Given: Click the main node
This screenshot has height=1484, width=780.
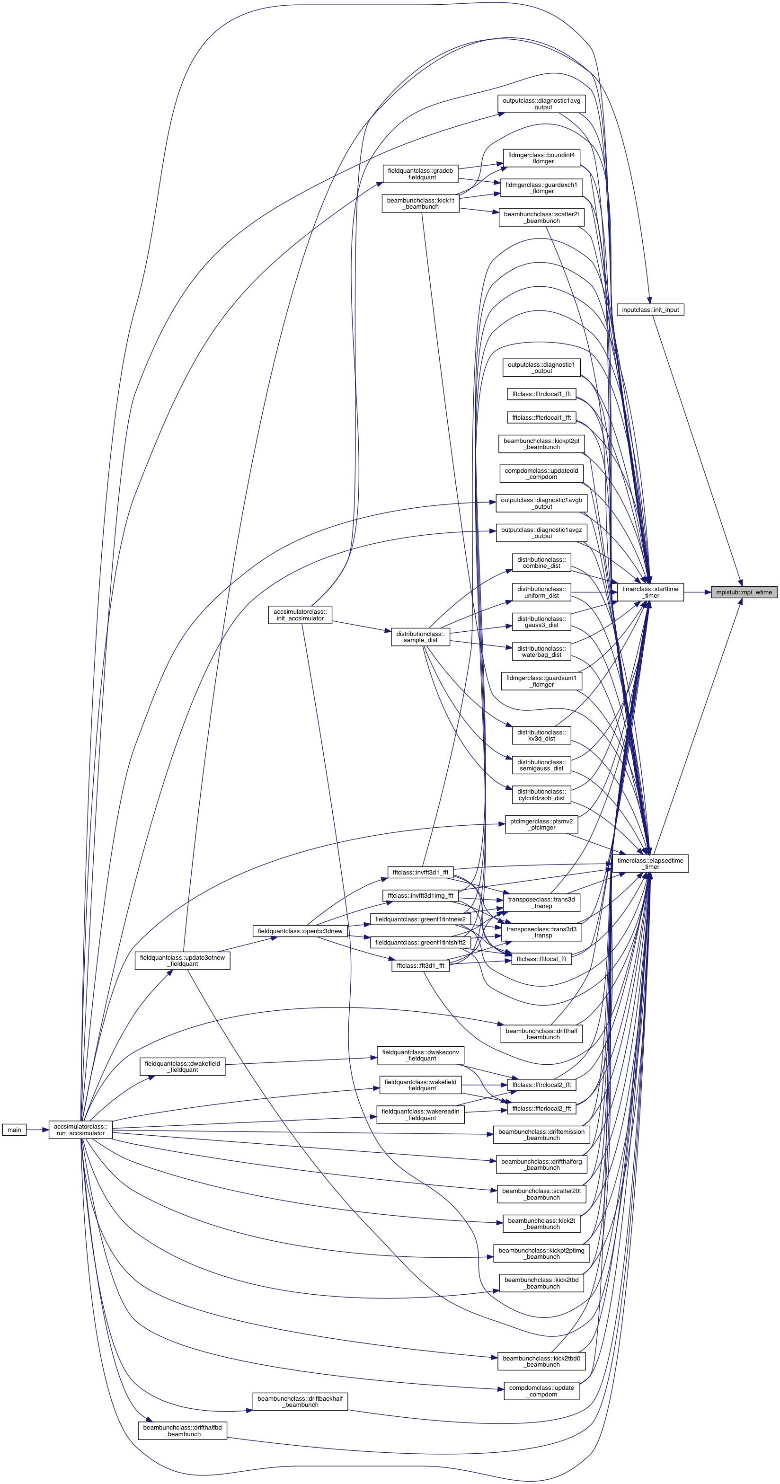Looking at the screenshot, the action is pyautogui.click(x=14, y=1130).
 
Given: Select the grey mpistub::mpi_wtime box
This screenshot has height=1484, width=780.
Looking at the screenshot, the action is pyautogui.click(x=744, y=592).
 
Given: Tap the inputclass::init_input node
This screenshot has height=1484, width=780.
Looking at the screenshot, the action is pyautogui.click(x=650, y=309).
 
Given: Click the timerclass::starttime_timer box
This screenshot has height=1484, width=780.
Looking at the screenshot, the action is pyautogui.click(x=650, y=592).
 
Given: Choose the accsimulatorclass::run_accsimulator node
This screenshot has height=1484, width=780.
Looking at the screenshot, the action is pyautogui.click(x=80, y=1130).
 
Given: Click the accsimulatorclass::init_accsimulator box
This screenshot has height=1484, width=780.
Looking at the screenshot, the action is pyautogui.click(x=300, y=615).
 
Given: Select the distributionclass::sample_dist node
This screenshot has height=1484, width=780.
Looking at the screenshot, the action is pyautogui.click(x=421, y=636).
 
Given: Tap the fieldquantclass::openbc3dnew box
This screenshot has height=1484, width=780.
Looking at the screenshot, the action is pyautogui.click(x=300, y=931).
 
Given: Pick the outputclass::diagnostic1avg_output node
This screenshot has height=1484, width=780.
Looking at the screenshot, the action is pyautogui.click(x=541, y=104).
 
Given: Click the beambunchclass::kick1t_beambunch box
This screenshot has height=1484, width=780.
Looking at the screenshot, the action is pyautogui.click(x=421, y=203).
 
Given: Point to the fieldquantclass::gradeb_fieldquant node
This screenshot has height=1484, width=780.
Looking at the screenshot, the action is pyautogui.click(x=421, y=174).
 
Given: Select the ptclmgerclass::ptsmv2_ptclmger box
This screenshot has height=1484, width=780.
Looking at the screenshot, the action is pyautogui.click(x=541, y=824).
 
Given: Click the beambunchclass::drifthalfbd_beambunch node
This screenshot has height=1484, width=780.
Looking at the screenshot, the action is pyautogui.click(x=183, y=1431).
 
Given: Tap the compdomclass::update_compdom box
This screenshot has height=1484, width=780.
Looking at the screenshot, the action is pyautogui.click(x=541, y=1391).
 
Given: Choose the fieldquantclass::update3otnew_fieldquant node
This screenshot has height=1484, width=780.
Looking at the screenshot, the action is pyautogui.click(x=183, y=960).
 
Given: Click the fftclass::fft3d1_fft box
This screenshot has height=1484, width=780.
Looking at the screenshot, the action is pyautogui.click(x=421, y=965).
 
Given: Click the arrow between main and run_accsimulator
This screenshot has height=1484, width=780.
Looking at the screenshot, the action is pyautogui.click(x=37, y=1130).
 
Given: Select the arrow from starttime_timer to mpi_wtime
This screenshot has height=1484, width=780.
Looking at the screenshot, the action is pyautogui.click(x=697, y=592).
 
